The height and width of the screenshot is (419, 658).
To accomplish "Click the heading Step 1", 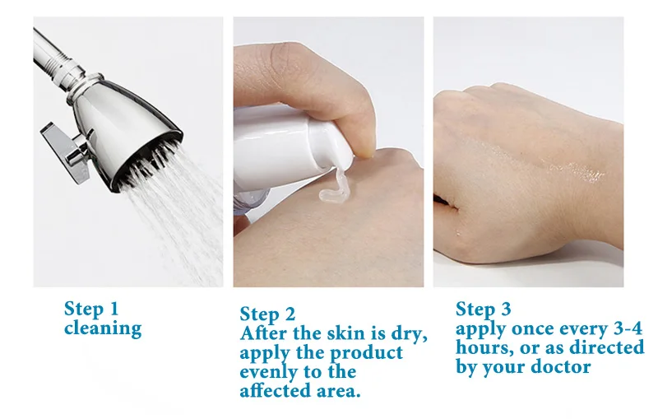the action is pyautogui.click(x=91, y=309).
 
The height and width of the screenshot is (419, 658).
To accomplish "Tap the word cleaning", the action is pyautogui.click(x=103, y=328).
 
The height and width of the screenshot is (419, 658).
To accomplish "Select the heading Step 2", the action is pyautogui.click(x=267, y=314).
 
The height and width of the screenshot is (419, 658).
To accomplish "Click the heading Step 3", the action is pyautogui.click(x=484, y=309).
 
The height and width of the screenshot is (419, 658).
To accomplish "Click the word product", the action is pyautogui.click(x=366, y=352).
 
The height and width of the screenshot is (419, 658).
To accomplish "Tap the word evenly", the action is pyautogui.click(x=269, y=372).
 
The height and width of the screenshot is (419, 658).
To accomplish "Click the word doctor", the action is pyautogui.click(x=561, y=366).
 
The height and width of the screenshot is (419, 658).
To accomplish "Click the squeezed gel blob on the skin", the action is pyautogui.click(x=335, y=188).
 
